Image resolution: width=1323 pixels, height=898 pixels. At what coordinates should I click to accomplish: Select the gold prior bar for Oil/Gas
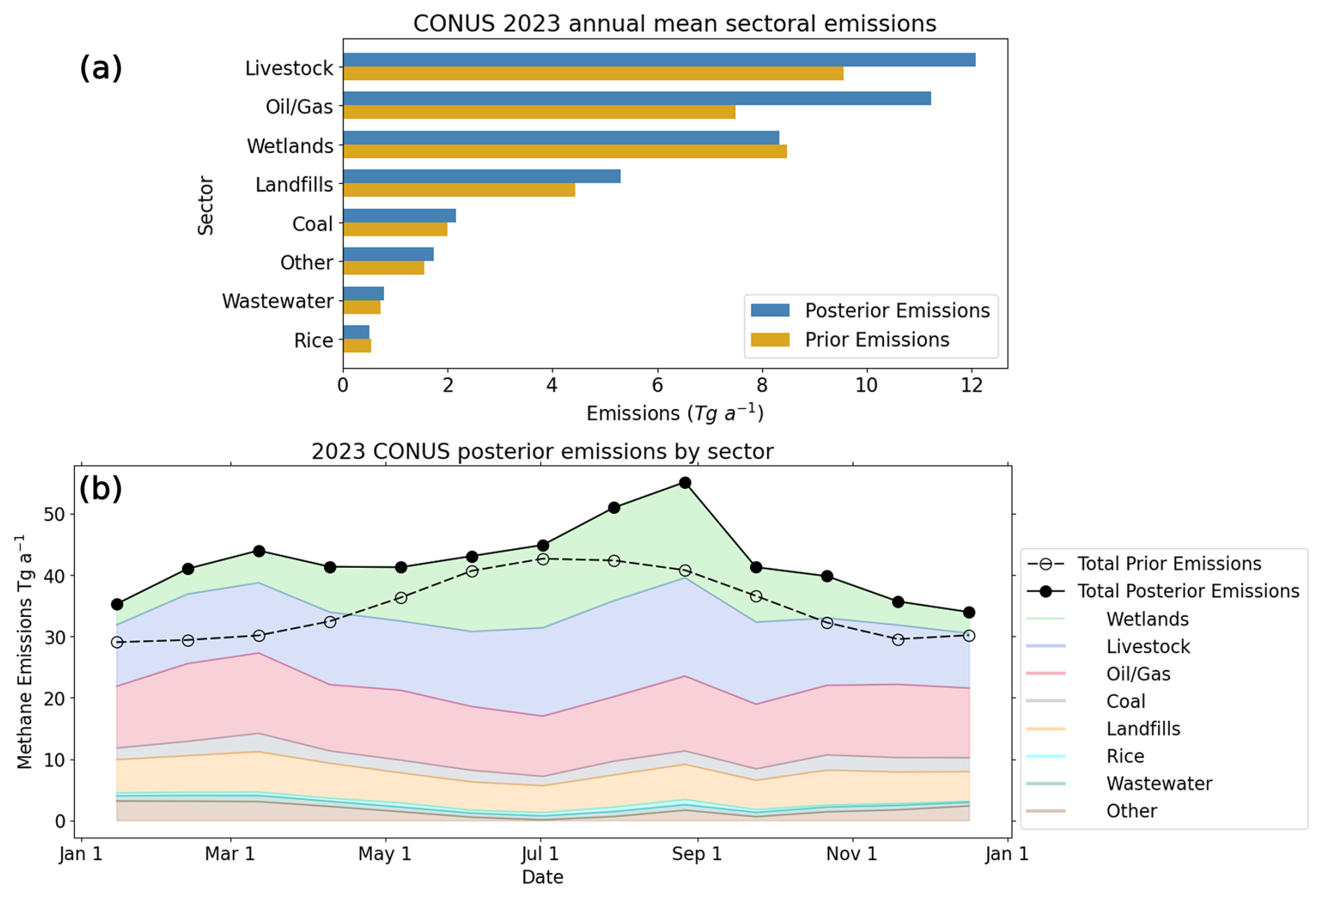tap(538, 113)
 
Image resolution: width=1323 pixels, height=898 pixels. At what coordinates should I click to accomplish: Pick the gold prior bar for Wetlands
tap(564, 152)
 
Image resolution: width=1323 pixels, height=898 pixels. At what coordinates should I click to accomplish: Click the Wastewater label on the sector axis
tap(278, 301)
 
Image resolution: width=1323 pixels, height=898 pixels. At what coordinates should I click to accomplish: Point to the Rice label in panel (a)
tap(313, 341)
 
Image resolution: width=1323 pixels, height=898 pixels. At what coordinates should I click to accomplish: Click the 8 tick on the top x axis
tap(761, 385)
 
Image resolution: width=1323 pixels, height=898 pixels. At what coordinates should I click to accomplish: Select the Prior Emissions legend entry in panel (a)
tap(876, 340)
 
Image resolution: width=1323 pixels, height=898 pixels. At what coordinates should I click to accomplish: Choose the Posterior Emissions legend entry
tap(896, 311)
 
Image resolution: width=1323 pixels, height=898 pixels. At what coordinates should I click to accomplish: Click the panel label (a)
tap(101, 68)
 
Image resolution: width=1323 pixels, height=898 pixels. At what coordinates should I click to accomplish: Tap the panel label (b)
tap(101, 488)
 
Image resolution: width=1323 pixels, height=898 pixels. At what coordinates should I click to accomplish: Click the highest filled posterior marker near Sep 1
tap(685, 483)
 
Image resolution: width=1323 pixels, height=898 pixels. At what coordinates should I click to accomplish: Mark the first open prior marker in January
tap(117, 642)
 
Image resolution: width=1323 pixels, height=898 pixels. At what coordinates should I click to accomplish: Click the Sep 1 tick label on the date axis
tap(696, 854)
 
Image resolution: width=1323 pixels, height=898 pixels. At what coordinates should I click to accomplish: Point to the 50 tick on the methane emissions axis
tap(54, 515)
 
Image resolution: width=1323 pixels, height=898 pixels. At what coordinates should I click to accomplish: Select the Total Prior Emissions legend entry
tap(1168, 564)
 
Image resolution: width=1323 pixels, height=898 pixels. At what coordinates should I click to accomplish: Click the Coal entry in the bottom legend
tap(1125, 701)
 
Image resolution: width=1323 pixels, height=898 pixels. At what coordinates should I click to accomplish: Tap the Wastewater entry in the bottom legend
tap(1159, 784)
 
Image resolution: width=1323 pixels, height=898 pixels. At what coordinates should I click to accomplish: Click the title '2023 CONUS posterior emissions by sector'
tap(542, 452)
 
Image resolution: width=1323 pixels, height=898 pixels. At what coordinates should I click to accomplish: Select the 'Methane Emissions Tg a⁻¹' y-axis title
tap(25, 652)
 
